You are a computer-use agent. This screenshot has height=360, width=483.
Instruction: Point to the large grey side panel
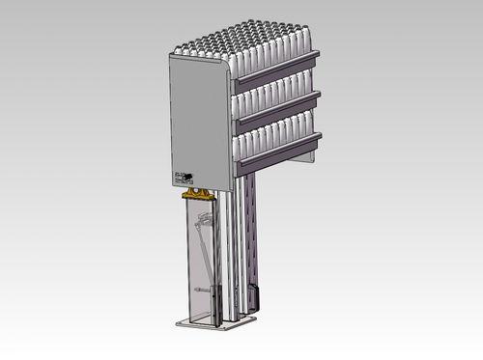click(200, 121)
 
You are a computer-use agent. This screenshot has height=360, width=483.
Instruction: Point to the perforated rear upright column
click(252, 232)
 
